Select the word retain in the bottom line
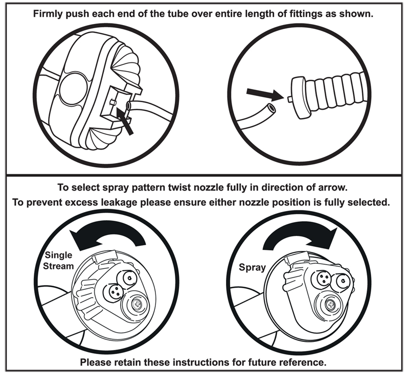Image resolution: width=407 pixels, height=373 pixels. coord(133,363)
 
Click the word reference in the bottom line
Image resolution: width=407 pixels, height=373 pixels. coord(297,363)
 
